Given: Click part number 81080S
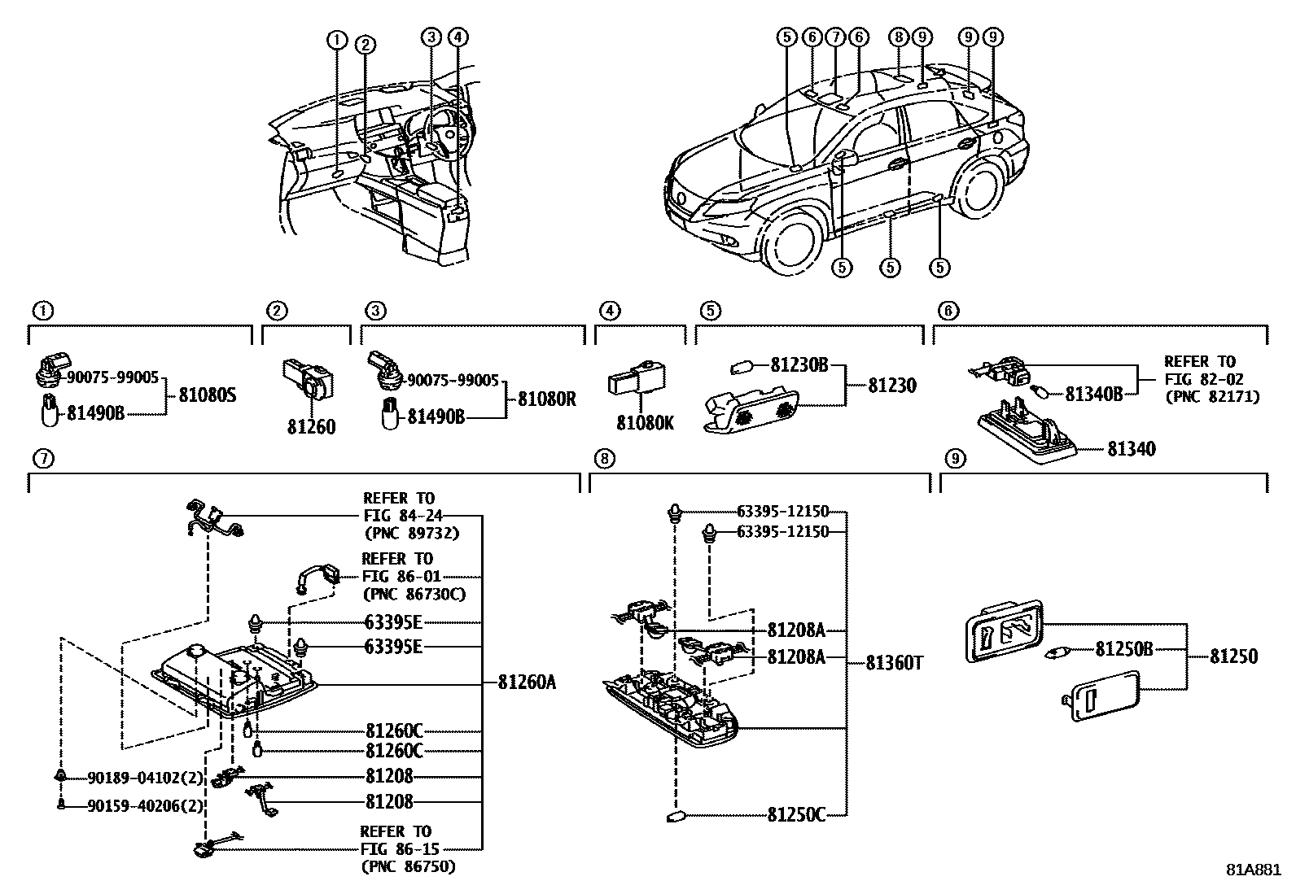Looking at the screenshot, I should (x=207, y=398).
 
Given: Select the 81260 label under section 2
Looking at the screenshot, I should (x=311, y=427).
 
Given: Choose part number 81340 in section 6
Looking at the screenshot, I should (x=1130, y=449).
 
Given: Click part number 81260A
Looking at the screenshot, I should (x=528, y=682).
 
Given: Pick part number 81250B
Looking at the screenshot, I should (x=1123, y=649).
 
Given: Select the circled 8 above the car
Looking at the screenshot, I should (x=898, y=37).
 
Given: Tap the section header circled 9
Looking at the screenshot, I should (x=955, y=460).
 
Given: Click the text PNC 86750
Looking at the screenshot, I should (x=409, y=867).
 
